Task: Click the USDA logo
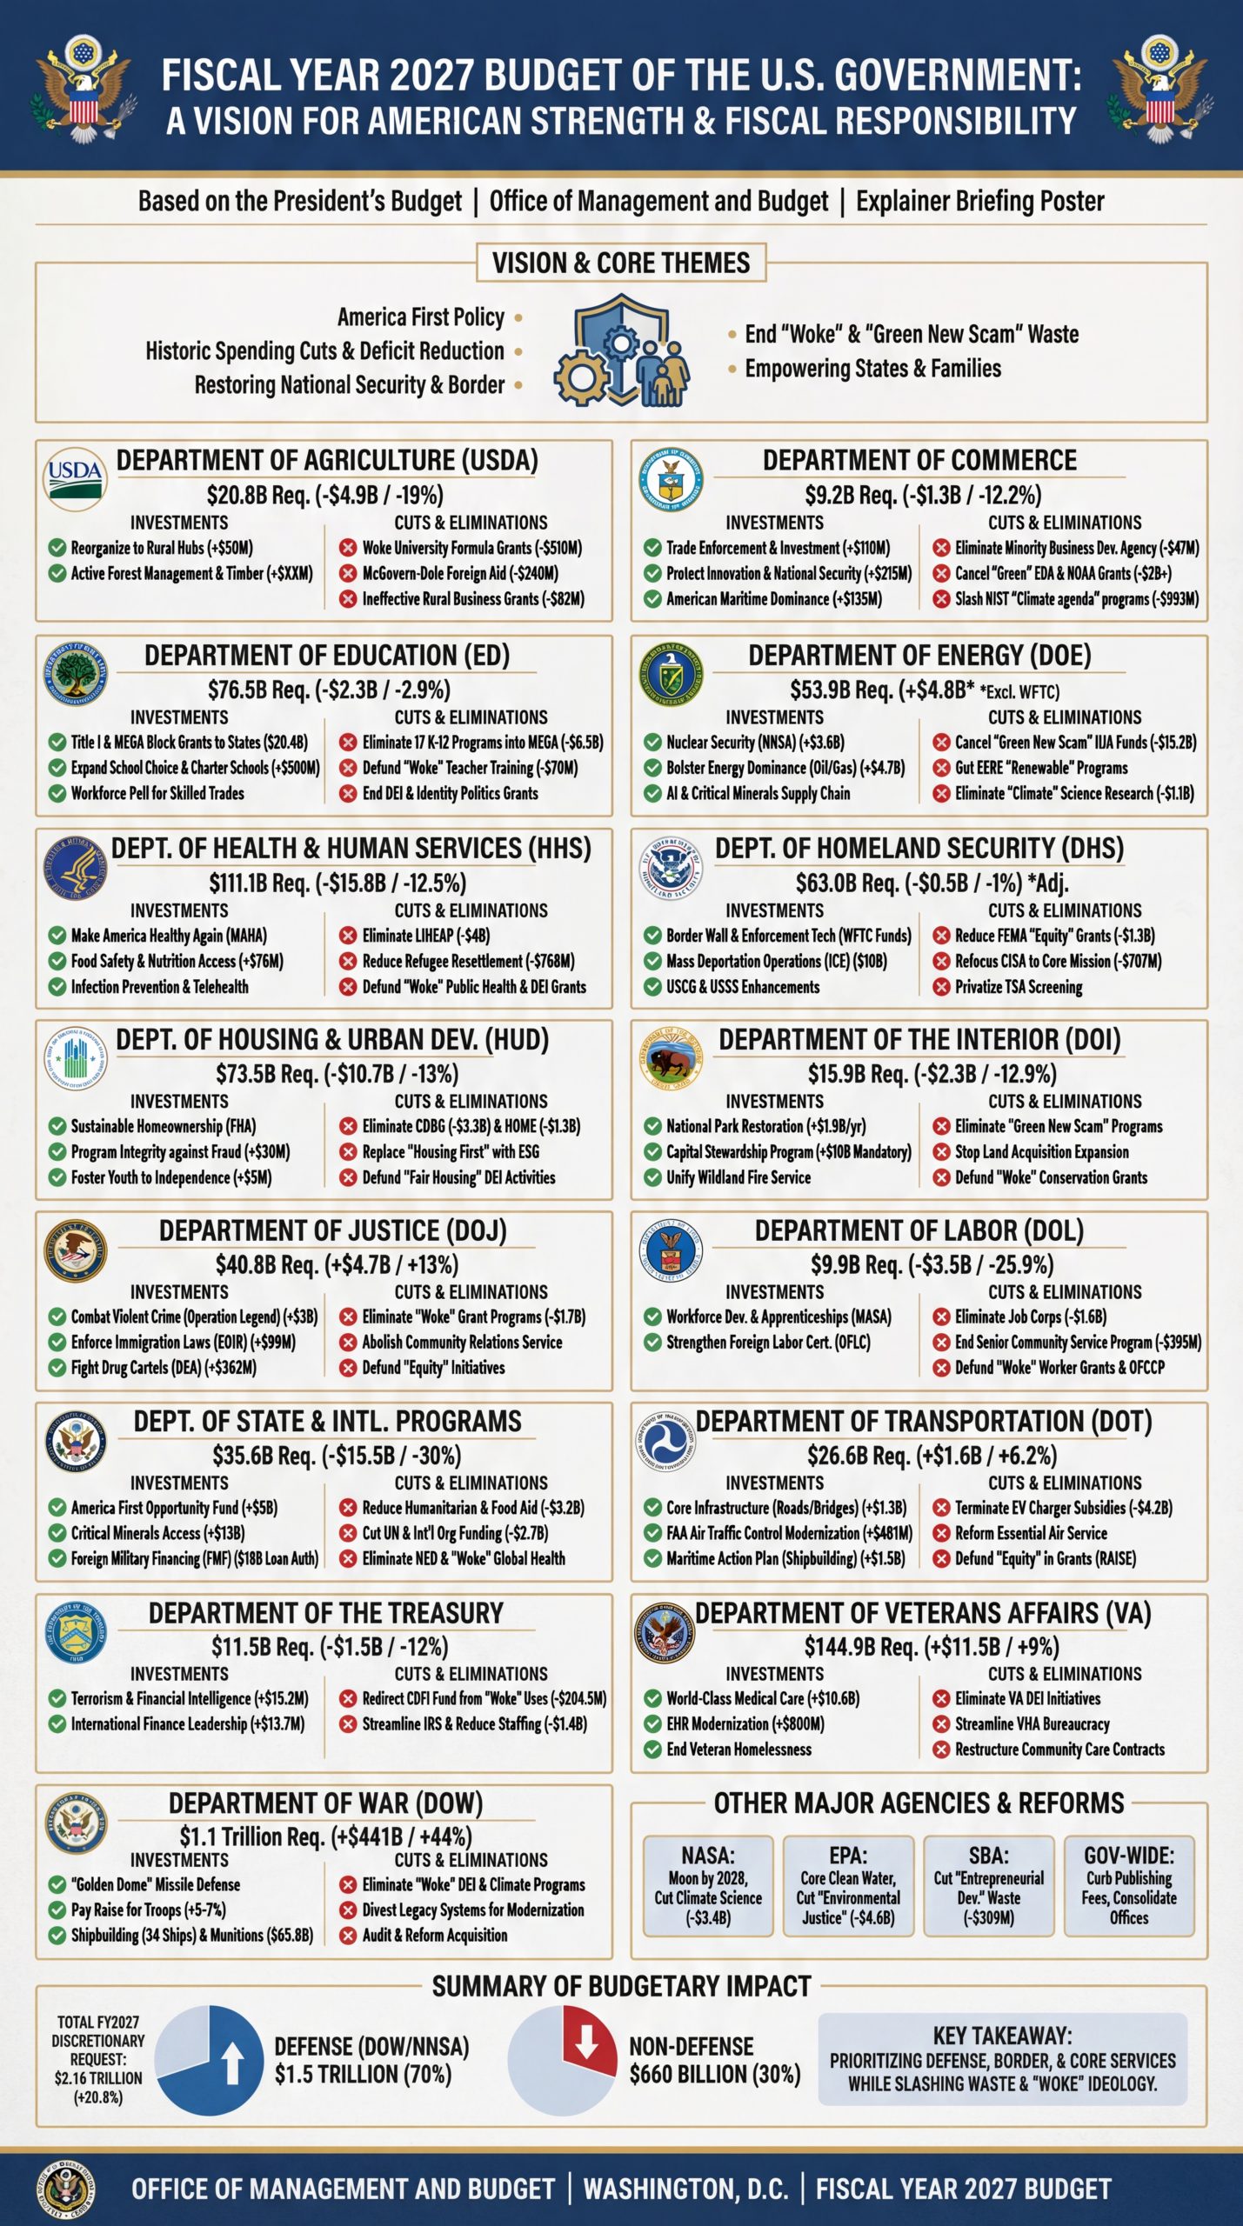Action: (75, 478)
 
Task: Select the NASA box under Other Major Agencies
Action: (708, 1886)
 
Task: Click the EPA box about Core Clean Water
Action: (848, 1886)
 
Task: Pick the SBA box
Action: (988, 1886)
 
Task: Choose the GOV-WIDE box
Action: (1128, 1886)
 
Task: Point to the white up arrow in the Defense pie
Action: (233, 2063)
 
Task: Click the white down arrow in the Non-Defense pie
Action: (586, 2043)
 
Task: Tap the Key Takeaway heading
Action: (1002, 2036)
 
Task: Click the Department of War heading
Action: (325, 1803)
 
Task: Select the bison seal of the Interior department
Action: (670, 1061)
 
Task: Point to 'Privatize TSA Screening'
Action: (1019, 987)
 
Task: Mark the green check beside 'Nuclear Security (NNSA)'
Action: (652, 743)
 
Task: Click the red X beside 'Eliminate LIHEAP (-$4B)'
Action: (348, 936)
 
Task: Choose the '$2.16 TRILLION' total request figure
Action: (98, 2078)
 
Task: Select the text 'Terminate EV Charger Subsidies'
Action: (1040, 1508)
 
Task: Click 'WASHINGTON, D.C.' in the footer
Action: (685, 2189)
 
